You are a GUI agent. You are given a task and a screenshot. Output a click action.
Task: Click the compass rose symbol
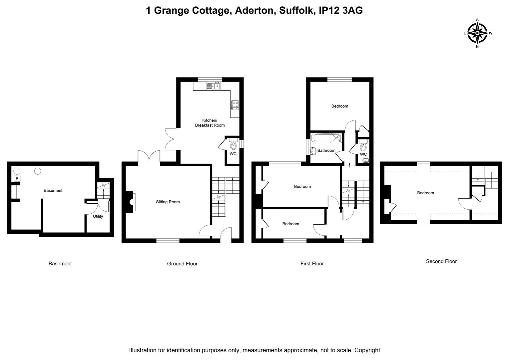(477, 33)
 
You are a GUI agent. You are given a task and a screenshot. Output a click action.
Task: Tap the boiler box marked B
(17, 179)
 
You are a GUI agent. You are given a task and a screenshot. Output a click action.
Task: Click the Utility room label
(98, 216)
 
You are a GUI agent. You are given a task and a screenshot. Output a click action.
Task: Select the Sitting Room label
(168, 202)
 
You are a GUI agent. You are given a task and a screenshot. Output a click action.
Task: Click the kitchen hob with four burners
(235, 105)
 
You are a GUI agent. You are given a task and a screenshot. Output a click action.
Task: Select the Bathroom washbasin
(313, 151)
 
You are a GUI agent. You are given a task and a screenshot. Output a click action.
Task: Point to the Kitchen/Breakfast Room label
(210, 123)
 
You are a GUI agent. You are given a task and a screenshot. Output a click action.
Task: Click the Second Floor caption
(441, 261)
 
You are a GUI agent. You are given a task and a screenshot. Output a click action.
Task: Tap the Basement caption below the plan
(60, 264)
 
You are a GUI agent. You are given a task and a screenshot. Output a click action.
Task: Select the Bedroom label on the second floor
(425, 193)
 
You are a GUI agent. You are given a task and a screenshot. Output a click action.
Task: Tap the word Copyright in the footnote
(367, 350)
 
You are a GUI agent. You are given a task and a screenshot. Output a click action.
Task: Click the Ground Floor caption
(182, 264)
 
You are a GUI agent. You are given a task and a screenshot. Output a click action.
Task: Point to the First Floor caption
(312, 264)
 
